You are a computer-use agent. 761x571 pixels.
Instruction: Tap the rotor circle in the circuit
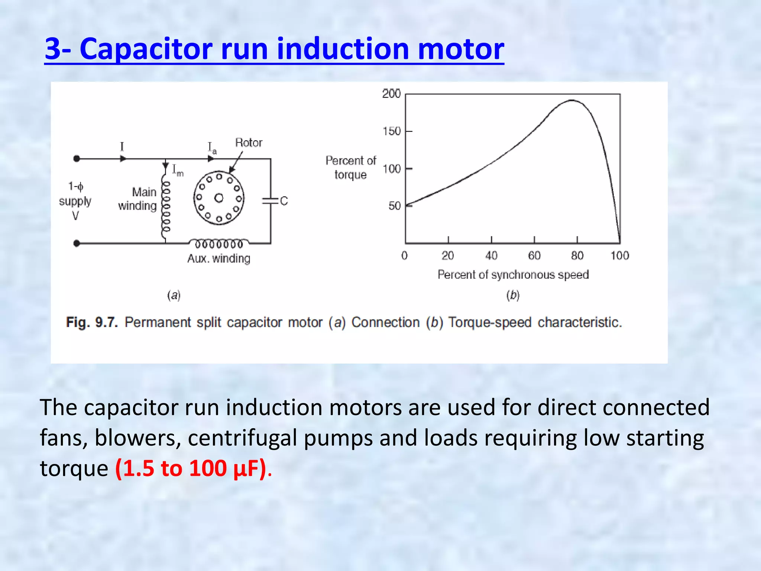point(219,198)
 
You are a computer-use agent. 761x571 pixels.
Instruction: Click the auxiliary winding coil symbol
point(219,243)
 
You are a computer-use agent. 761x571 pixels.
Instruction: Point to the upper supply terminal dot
point(77,159)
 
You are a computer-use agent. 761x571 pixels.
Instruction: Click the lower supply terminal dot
point(77,243)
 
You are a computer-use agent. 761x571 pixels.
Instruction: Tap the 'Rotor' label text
point(249,143)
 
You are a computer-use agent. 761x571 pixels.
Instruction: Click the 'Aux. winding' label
point(218,258)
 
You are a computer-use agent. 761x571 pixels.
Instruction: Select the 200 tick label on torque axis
point(391,93)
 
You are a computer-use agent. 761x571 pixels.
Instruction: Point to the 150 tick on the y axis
point(392,131)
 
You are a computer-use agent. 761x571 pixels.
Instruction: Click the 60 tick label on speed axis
point(534,256)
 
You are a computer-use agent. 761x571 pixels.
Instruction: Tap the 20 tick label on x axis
point(448,256)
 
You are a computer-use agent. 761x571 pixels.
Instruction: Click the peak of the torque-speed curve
point(572,100)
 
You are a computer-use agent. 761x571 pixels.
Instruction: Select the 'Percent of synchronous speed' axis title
point(513,275)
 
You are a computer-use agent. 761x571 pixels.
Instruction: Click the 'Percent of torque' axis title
point(351,168)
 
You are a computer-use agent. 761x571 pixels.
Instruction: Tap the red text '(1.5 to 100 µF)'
point(191,468)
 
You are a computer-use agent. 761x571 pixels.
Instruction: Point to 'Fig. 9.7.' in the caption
point(92,322)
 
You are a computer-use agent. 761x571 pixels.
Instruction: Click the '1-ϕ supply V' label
point(75,201)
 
